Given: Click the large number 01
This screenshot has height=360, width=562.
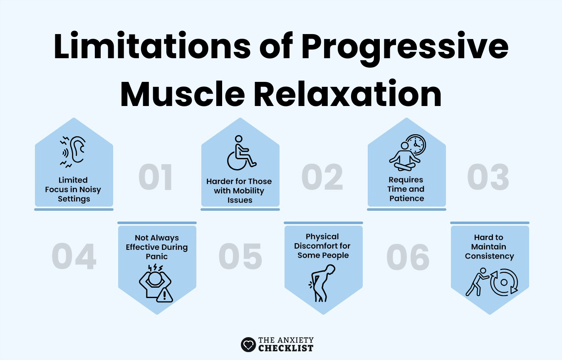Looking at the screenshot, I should [156, 178].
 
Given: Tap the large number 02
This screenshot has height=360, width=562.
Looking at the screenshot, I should [322, 178].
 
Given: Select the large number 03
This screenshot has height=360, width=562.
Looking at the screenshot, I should [488, 178].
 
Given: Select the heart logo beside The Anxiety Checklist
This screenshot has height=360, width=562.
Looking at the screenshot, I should [248, 344].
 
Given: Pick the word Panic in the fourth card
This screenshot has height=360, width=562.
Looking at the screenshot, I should [157, 256].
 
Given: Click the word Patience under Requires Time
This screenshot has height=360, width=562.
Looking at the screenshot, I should [406, 198].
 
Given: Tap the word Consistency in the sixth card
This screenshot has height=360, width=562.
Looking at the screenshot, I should [489, 256].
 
